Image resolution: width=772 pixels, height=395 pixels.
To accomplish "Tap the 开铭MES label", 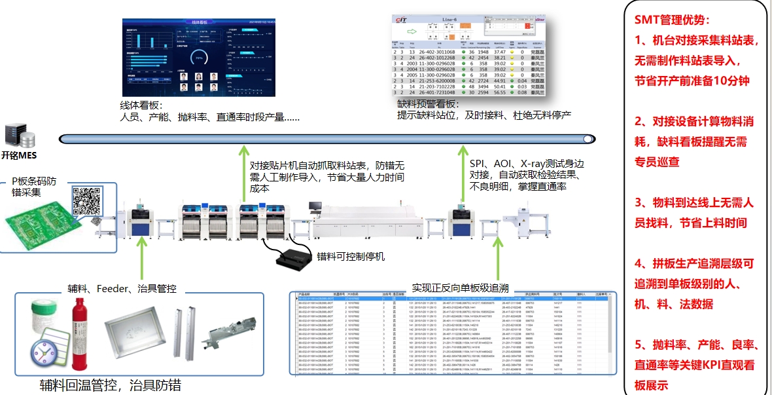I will [19, 156].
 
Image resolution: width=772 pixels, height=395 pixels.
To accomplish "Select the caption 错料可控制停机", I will [351, 255].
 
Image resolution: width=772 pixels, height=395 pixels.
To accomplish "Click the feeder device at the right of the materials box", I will [232, 336].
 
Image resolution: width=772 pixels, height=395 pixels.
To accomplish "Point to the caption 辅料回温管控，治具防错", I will [111, 385].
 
